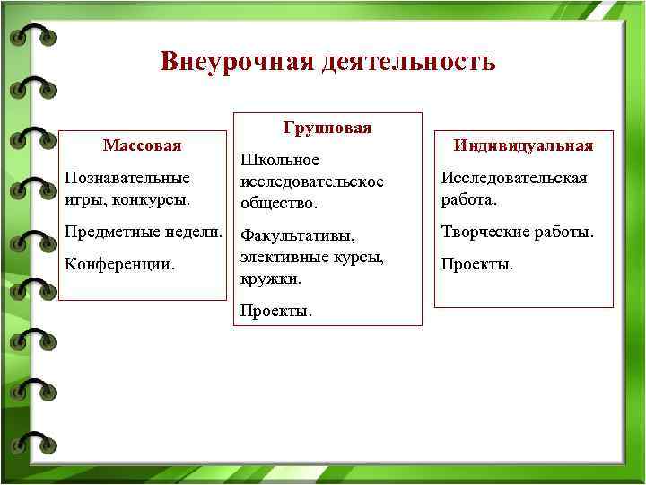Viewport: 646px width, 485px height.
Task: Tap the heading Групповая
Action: click(x=327, y=128)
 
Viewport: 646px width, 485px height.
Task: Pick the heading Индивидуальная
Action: click(x=523, y=145)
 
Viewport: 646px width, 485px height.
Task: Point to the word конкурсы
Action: click(x=153, y=197)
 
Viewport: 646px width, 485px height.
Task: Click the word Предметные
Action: click(x=104, y=232)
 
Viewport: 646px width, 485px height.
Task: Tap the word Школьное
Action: click(x=280, y=160)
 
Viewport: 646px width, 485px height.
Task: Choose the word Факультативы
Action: click(x=298, y=237)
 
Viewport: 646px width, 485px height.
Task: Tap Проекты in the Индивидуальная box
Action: click(x=477, y=265)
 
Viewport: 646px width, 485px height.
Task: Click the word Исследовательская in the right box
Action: click(x=513, y=178)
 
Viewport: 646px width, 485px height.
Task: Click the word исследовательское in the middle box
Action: click(x=311, y=181)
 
